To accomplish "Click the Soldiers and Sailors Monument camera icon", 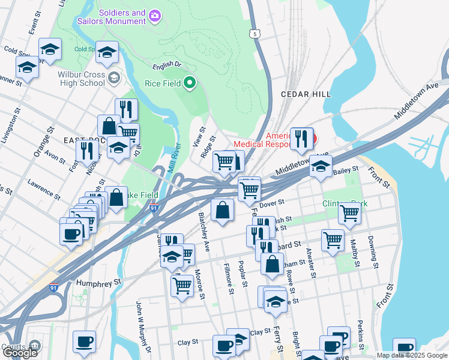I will [x=155, y=14].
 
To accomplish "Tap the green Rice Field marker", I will [x=190, y=83].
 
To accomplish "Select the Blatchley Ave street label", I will [x=203, y=231].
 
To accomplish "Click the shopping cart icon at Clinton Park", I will [x=349, y=212].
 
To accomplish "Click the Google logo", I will [x=20, y=353].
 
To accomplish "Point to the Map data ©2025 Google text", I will [x=412, y=355].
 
